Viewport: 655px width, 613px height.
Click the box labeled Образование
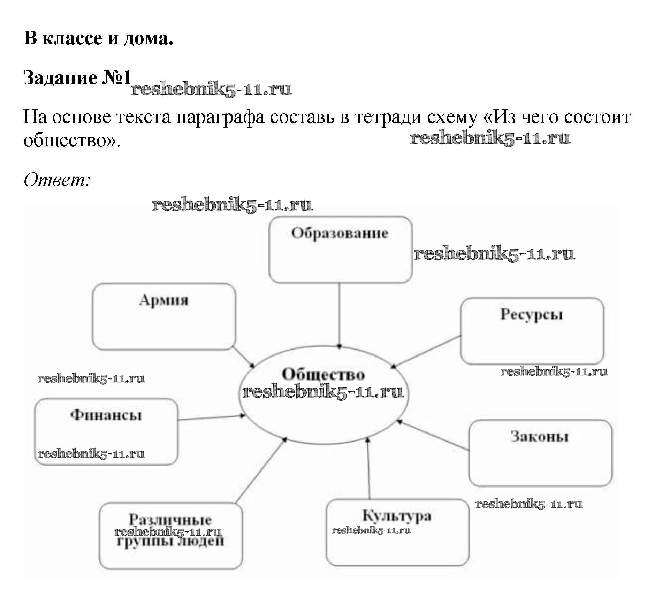pos(340,250)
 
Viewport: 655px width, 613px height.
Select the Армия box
pos(164,316)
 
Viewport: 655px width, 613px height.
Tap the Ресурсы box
pos(532,331)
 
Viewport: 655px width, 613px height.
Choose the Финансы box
pos(106,431)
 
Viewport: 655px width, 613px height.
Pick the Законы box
pos(540,453)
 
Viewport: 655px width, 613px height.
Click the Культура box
pos(397,532)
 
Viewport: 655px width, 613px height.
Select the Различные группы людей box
pos(170,536)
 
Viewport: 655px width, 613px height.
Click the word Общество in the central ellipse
pos(323,374)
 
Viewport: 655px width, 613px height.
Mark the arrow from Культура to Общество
pos(368,469)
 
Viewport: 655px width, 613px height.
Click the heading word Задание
pos(60,77)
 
